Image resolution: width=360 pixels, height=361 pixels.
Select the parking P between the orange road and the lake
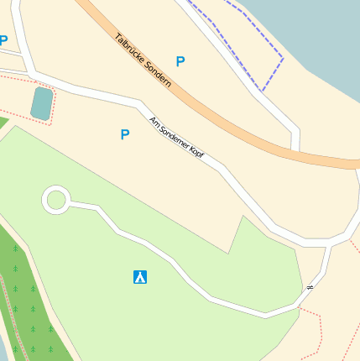point(180,61)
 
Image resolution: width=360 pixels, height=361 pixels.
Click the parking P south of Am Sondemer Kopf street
point(125,134)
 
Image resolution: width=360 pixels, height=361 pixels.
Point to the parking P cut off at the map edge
point(3,40)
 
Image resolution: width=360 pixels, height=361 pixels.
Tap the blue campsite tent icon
point(140,277)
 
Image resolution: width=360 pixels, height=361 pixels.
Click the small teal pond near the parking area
point(40,103)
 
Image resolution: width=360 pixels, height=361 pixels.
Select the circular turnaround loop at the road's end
point(56,200)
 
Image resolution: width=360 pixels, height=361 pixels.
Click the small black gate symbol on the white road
point(310,288)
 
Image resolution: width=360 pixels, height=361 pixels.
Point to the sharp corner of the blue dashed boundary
point(283,59)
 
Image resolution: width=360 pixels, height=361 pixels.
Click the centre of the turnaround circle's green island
point(56,200)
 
